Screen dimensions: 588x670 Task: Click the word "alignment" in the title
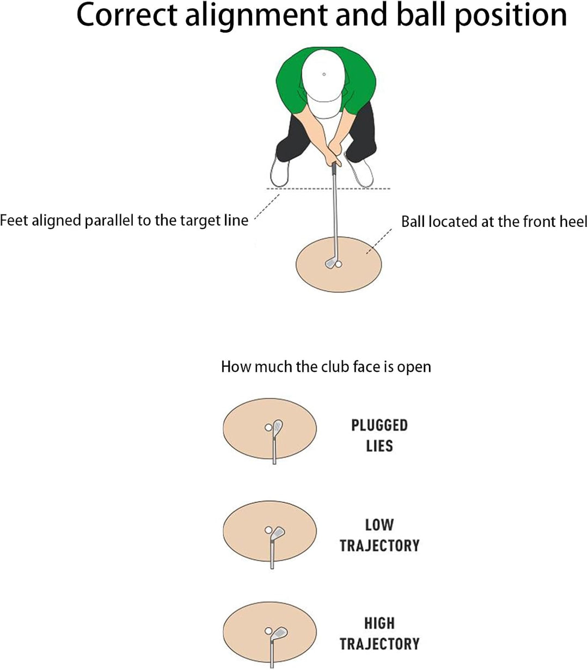[x=256, y=16]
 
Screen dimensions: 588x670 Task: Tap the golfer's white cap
[x=323, y=83]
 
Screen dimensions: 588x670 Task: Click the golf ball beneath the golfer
[x=338, y=264]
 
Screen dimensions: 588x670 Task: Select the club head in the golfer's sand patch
[x=330, y=262]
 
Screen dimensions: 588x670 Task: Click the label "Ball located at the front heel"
[x=494, y=222]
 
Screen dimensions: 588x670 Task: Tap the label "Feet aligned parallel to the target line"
[x=124, y=220]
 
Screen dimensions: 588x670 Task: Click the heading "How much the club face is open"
[x=326, y=367]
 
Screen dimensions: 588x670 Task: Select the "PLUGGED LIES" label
[x=379, y=435]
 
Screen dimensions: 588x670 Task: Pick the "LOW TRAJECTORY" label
[x=379, y=536]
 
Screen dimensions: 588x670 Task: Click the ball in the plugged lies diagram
[x=268, y=428]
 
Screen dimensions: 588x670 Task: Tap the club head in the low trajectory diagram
[x=278, y=533]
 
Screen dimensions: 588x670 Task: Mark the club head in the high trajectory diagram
[x=279, y=634]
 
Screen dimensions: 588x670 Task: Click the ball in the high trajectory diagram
[x=268, y=631]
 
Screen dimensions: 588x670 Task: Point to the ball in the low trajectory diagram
[x=268, y=530]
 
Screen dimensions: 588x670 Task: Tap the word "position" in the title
[x=511, y=16]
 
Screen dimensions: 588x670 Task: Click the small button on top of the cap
[x=324, y=74]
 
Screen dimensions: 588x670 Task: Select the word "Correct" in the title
[x=127, y=15]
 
